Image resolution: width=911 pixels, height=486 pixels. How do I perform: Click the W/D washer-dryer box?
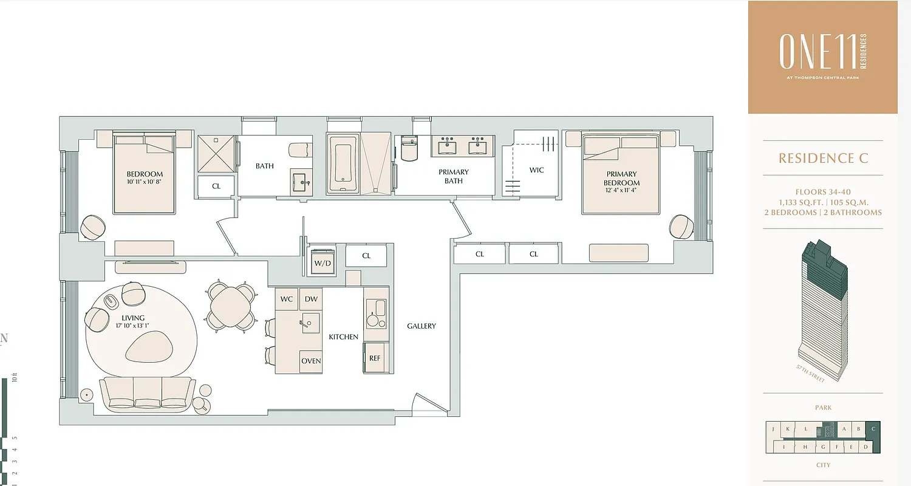pos(322,262)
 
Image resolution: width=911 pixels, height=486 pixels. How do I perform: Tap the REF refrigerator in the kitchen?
pos(375,358)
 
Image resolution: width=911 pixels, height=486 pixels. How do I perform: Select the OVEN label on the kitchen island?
pos(311,361)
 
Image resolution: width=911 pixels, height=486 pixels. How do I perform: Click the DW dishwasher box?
pos(311,299)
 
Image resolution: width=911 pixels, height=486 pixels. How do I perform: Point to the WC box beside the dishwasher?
pos(287,299)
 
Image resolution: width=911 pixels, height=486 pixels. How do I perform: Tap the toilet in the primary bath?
pos(409,149)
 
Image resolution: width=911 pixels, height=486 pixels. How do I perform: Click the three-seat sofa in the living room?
pos(148,395)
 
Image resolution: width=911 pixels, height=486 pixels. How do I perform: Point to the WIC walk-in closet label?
pos(536,170)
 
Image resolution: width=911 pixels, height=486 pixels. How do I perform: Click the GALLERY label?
pos(421,326)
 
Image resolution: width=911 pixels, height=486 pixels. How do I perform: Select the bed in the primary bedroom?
pos(619,175)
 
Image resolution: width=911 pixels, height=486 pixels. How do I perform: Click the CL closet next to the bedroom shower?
pos(216,187)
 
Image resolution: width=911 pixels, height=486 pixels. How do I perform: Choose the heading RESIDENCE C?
pos(823,159)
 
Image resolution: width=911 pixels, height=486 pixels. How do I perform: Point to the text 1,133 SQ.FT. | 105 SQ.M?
pos(823,202)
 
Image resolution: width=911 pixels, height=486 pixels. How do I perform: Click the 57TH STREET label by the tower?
pos(811,374)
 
